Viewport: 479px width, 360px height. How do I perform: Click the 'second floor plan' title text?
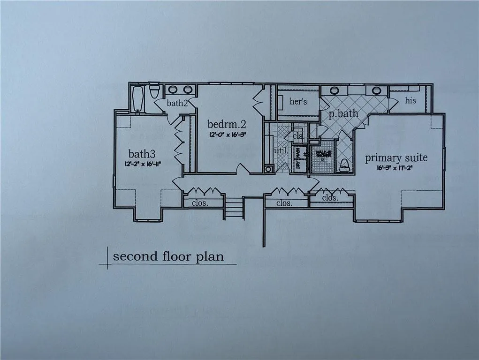click(168, 257)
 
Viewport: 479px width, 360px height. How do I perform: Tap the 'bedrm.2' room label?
click(227, 124)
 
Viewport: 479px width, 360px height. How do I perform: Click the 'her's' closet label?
click(298, 101)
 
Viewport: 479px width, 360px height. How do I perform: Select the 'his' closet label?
click(411, 100)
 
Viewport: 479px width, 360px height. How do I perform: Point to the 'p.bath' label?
click(346, 113)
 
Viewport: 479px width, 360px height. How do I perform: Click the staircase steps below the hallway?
click(234, 208)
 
